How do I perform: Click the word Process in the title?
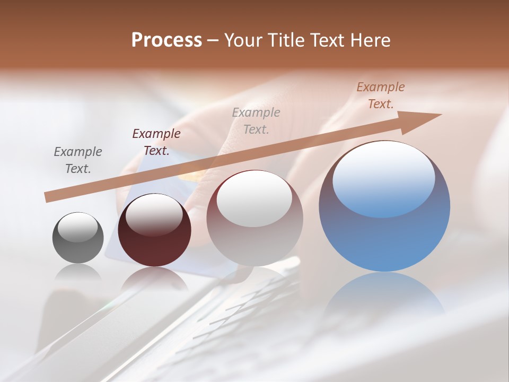(166, 40)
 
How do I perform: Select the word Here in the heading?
(370, 40)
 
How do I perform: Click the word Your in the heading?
(244, 40)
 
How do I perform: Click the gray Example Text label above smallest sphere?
(78, 160)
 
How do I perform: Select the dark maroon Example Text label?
(156, 142)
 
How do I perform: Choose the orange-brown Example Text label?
(381, 95)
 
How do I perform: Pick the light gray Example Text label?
(256, 120)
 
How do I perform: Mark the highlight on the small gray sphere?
(78, 227)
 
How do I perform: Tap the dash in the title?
(213, 40)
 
